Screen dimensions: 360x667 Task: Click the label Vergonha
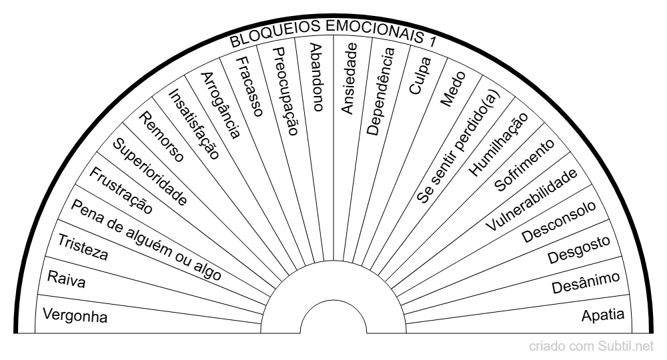[75, 315]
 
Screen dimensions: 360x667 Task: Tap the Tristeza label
[83, 247]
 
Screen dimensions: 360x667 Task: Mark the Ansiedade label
[349, 77]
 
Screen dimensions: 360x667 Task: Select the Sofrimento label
[524, 166]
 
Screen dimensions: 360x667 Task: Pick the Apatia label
[603, 315]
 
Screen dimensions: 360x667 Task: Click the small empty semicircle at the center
[333, 321]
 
